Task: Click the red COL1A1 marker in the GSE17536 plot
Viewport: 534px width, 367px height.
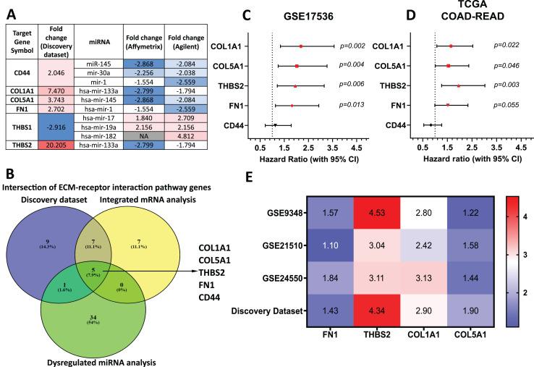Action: pyautogui.click(x=301, y=46)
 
